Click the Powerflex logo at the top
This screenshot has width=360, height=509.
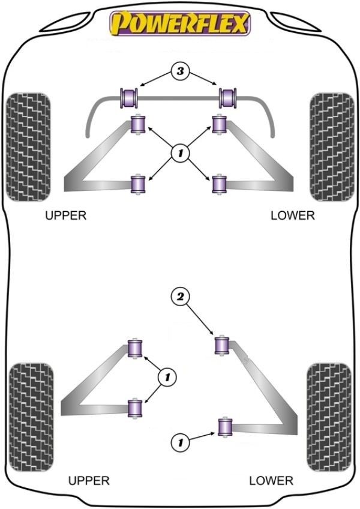pos(180,23)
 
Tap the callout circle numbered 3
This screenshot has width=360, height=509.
pos(180,71)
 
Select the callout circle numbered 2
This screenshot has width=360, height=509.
pos(180,297)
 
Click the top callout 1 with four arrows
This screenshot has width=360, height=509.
pos(180,152)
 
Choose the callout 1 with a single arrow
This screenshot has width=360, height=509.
pos(180,442)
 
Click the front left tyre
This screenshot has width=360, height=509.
pos(28,147)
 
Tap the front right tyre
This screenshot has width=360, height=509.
pos(332,147)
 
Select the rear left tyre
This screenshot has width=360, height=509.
pos(31,417)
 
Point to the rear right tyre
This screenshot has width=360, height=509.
pos(329,417)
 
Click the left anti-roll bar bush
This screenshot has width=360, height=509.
pos(129,98)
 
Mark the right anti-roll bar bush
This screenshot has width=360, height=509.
pos(228,98)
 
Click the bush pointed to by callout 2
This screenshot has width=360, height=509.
pos(223,346)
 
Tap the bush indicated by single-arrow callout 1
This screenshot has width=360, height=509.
pos(224,427)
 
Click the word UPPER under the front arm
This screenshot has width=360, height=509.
pos(66,215)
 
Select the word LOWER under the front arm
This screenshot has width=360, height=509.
pos(293,215)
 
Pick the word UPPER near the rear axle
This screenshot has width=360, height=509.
pos(89,480)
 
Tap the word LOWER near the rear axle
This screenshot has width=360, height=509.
pos(271,480)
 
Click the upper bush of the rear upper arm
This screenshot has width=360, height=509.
pos(136,348)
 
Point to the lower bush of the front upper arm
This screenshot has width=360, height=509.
pos(138,184)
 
